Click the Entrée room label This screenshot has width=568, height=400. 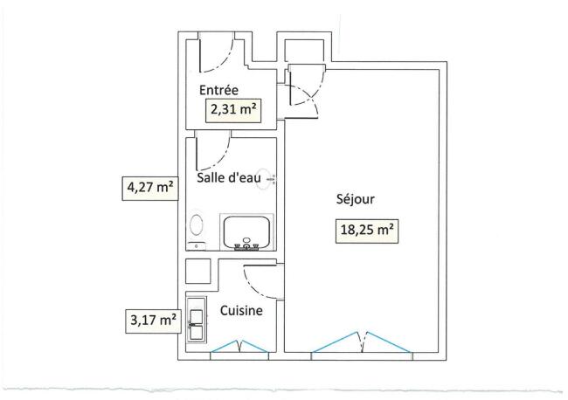pyautogui.click(x=218, y=90)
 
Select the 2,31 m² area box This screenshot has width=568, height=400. pyautogui.click(x=233, y=110)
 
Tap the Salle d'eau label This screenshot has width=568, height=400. pyautogui.click(x=229, y=177)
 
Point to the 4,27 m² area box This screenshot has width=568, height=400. pyautogui.click(x=150, y=188)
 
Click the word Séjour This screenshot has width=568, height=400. pyautogui.click(x=356, y=199)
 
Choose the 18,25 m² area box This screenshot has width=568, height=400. pyautogui.click(x=367, y=231)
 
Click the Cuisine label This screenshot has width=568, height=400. pyautogui.click(x=241, y=311)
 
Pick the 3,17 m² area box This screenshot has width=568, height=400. pyautogui.click(x=153, y=321)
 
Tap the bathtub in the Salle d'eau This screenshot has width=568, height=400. pyautogui.click(x=246, y=231)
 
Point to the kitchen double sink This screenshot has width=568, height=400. pyautogui.click(x=197, y=320)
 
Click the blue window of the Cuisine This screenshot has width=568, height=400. pyautogui.click(x=239, y=347)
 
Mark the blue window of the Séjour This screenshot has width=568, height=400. pyautogui.click(x=362, y=341)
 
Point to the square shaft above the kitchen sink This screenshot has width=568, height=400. pyautogui.click(x=198, y=271)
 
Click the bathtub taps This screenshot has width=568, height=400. pyautogui.click(x=246, y=245)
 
